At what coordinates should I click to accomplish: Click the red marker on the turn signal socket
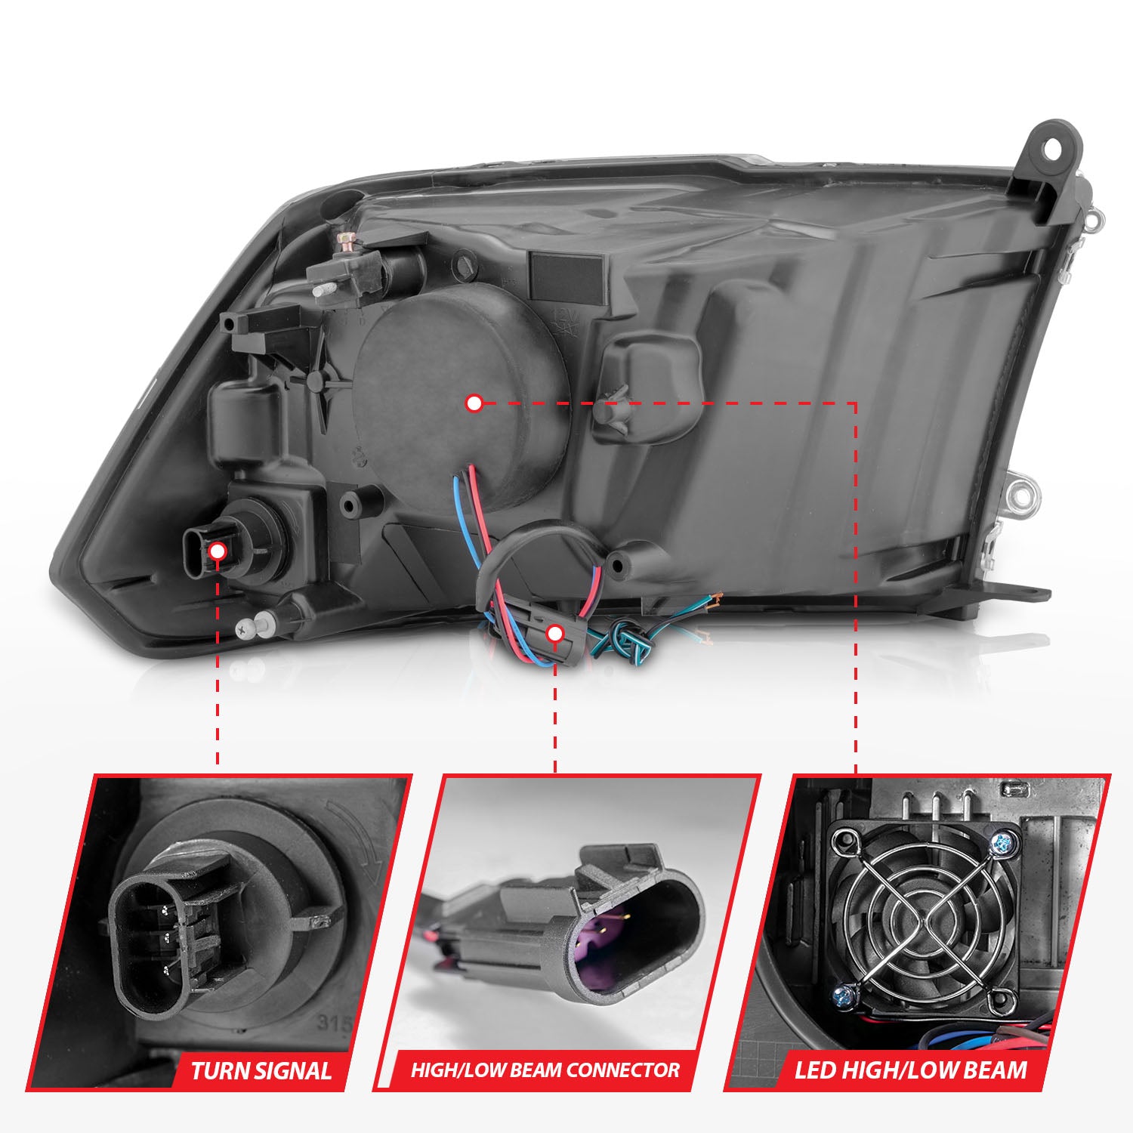(x=218, y=551)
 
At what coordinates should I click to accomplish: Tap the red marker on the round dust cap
(x=474, y=403)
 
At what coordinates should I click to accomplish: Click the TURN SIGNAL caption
(x=261, y=1070)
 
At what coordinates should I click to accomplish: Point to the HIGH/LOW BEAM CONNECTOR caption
(x=545, y=1070)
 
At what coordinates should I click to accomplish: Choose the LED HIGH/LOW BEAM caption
(x=911, y=1070)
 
